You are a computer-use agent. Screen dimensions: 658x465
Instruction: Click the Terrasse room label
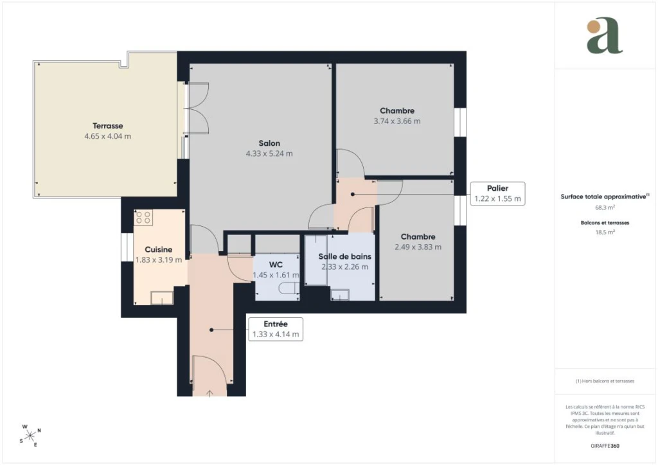pos(108,126)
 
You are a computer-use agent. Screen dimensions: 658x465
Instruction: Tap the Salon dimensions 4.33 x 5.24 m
pos(269,154)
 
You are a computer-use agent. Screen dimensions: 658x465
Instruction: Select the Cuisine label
pos(159,249)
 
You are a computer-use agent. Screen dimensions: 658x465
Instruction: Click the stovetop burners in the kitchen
pos(143,218)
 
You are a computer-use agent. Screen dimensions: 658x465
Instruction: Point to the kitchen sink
pos(162,298)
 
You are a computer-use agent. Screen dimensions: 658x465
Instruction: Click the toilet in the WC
pos(289,288)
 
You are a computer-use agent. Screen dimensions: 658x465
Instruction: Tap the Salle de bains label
pos(345,256)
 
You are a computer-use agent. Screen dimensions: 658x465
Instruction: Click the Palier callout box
pos(498,194)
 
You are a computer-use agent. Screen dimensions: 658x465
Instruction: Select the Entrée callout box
pos(276,329)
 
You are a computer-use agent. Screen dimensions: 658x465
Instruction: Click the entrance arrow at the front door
pos(209,393)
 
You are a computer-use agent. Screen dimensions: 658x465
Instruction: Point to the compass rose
pos(31,436)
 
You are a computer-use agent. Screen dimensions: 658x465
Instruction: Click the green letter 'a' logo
pos(605,35)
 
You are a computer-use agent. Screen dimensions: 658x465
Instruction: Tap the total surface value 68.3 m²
pos(605,207)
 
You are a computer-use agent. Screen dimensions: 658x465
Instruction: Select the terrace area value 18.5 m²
pos(605,232)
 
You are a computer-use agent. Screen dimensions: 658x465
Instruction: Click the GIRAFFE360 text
pos(605,446)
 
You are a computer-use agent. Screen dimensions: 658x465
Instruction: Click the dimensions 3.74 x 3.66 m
pos(397,121)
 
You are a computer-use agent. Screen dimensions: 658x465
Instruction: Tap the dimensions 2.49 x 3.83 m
pos(418,247)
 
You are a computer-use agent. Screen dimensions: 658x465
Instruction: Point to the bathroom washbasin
pos(340,295)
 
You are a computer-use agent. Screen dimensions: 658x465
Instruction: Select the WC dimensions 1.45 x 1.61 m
pos(276,275)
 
